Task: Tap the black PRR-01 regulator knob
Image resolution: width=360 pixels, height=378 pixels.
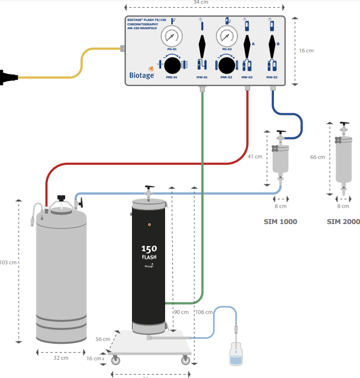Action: (172, 65)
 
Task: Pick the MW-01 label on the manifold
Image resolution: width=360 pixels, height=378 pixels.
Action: (202, 77)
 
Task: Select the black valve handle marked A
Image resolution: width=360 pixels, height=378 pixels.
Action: (247, 42)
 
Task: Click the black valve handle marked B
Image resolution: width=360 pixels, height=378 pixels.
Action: (271, 42)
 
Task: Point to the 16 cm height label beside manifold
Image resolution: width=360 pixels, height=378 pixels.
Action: (306, 50)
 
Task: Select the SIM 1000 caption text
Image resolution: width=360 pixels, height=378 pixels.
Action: (280, 222)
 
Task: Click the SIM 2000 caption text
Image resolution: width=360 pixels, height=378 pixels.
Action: (343, 222)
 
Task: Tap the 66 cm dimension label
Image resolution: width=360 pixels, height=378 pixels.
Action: (317, 157)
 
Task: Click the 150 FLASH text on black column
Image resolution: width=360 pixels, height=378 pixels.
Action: (149, 252)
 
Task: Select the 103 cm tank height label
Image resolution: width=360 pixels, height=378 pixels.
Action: (9, 262)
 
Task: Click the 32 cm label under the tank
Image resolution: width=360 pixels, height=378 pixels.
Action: (61, 358)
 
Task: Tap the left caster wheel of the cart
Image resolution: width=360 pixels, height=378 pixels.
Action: (116, 361)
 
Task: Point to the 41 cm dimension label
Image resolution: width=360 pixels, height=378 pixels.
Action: (255, 157)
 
